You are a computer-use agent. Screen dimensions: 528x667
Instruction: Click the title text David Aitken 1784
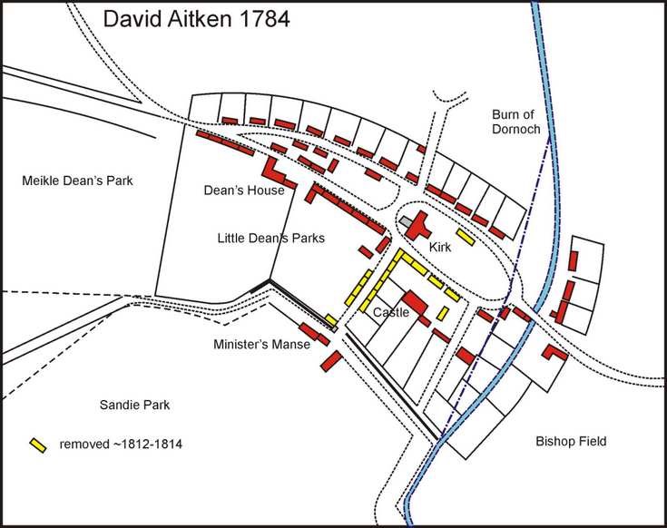(196, 19)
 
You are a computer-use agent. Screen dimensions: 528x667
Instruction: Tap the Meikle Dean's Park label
(77, 181)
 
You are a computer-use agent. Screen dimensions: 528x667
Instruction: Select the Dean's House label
(244, 191)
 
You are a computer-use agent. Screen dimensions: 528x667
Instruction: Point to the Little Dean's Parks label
(271, 238)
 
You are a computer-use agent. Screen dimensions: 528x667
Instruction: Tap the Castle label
(391, 313)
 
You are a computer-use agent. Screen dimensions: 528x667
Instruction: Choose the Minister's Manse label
(262, 345)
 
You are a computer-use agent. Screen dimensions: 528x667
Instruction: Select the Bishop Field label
(570, 442)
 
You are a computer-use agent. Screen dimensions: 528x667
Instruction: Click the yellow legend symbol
(38, 445)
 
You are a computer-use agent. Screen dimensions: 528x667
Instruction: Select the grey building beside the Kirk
(404, 221)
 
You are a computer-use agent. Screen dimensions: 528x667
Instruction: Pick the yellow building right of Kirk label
(465, 237)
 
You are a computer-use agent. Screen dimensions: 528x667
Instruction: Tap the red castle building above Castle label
(414, 300)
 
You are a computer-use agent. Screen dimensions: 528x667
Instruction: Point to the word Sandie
(116, 405)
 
